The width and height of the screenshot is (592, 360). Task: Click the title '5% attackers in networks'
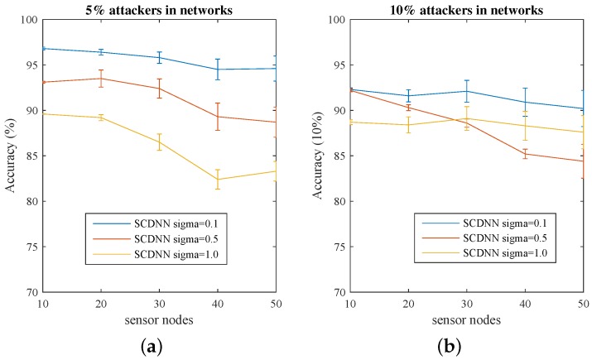pyautogui.click(x=158, y=10)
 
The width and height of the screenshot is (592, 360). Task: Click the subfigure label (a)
pyautogui.click(x=158, y=344)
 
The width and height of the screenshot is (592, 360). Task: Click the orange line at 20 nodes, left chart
pyautogui.click(x=100, y=79)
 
